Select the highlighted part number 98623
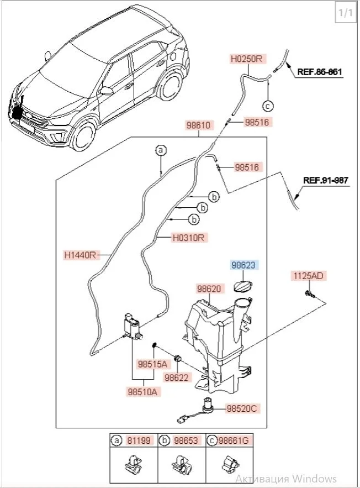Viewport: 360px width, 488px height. click(x=243, y=265)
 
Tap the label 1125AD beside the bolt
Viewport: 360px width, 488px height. click(x=309, y=275)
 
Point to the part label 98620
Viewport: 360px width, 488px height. click(x=209, y=288)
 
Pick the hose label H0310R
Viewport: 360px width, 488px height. click(x=188, y=239)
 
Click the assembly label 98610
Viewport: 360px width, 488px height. click(x=198, y=125)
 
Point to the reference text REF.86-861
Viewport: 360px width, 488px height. click(x=320, y=71)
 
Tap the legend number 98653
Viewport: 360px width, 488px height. click(x=186, y=440)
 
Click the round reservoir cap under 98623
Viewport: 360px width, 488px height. click(x=242, y=285)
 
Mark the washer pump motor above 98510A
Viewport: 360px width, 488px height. click(x=133, y=326)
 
